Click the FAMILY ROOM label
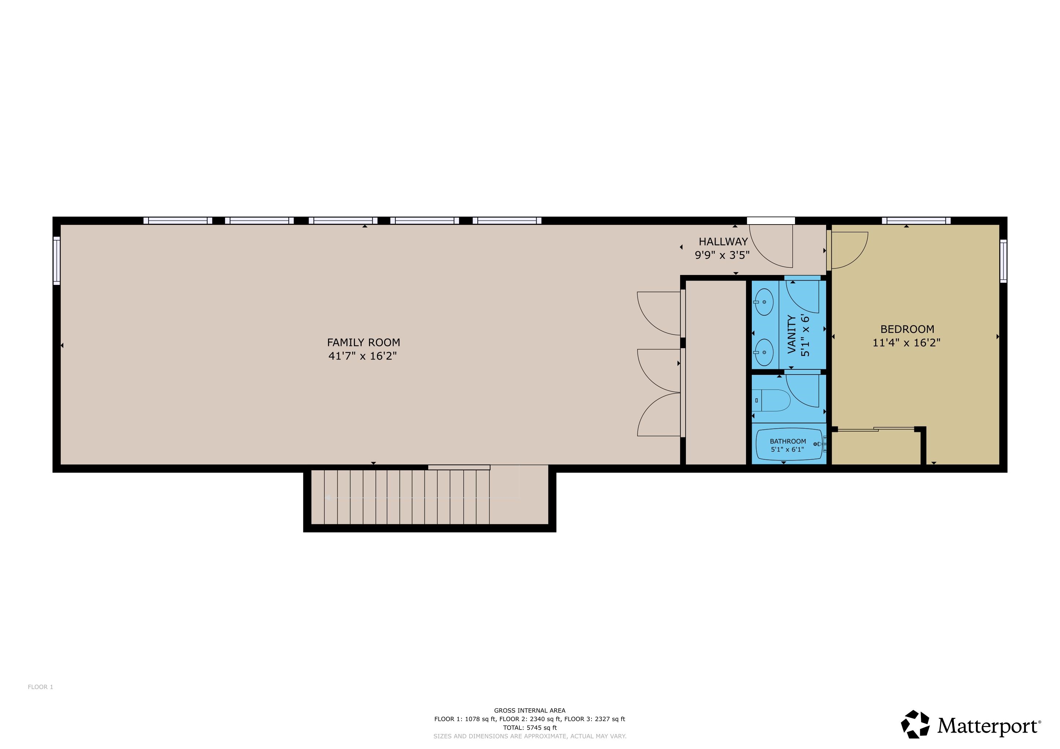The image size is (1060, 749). pyautogui.click(x=363, y=342)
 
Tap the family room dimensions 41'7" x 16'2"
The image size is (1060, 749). pyautogui.click(x=362, y=356)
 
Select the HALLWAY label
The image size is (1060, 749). pyautogui.click(x=723, y=242)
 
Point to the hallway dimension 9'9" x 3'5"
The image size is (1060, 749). pyautogui.click(x=722, y=255)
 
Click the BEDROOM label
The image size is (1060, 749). pyautogui.click(x=907, y=329)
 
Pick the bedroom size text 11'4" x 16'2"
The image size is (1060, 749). pyautogui.click(x=906, y=343)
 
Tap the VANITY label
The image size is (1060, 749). pyautogui.click(x=792, y=334)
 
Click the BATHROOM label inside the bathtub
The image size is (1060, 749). pyautogui.click(x=788, y=441)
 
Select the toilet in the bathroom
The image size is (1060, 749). pyautogui.click(x=772, y=400)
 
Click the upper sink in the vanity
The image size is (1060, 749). pyautogui.click(x=764, y=302)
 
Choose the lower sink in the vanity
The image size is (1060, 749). pyautogui.click(x=764, y=352)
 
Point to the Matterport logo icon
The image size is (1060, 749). pyautogui.click(x=915, y=724)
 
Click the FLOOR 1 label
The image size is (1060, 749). pyautogui.click(x=41, y=687)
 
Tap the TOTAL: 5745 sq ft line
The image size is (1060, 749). pyautogui.click(x=530, y=728)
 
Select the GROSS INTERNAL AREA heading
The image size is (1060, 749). pyautogui.click(x=530, y=711)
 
